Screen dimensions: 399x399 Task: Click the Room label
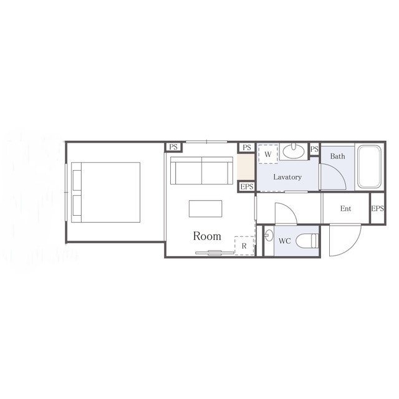click(x=207, y=236)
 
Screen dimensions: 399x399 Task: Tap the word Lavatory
click(x=287, y=177)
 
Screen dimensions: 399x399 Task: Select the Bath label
click(x=337, y=156)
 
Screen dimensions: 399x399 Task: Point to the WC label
click(x=284, y=241)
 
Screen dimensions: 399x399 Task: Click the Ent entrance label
click(x=345, y=209)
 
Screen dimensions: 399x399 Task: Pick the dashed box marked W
click(x=268, y=154)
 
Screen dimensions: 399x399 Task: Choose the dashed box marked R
click(x=244, y=246)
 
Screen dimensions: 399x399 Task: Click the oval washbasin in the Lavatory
click(x=294, y=151)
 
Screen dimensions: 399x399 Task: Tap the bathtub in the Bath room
click(x=369, y=166)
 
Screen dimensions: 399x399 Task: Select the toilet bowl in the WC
click(x=307, y=241)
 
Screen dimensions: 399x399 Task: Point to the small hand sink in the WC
click(x=269, y=235)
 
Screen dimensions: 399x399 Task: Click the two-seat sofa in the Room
click(x=201, y=170)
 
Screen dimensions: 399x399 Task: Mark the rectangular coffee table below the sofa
click(x=205, y=209)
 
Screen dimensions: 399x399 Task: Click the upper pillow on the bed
click(x=77, y=180)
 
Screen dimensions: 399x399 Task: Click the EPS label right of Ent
click(x=378, y=209)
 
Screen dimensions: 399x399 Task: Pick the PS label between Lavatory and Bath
click(x=314, y=149)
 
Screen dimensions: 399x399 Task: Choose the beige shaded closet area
click(x=246, y=166)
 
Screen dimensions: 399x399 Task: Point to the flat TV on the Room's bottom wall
click(x=214, y=252)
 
